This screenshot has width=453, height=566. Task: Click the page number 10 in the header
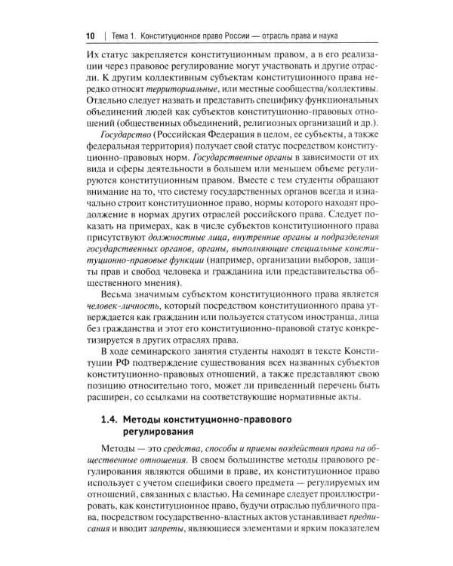[90, 35]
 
